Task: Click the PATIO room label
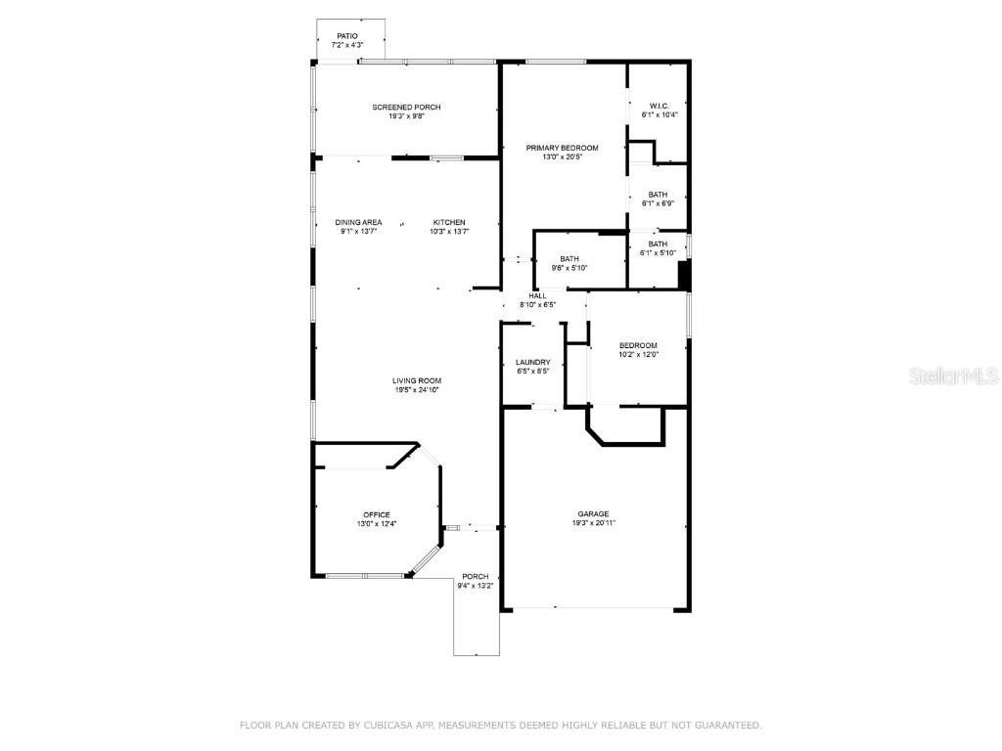click(x=347, y=36)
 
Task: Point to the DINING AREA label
click(x=358, y=222)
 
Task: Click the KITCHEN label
click(x=449, y=222)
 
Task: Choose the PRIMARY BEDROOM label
click(x=562, y=148)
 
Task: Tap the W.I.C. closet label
click(x=659, y=106)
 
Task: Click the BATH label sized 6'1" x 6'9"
click(x=658, y=195)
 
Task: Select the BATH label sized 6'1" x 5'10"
click(x=658, y=243)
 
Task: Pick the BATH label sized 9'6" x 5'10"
click(x=569, y=259)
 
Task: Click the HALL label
click(x=537, y=295)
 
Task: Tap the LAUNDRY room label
click(x=532, y=362)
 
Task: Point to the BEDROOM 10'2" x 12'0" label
click(x=637, y=345)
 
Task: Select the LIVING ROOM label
click(x=417, y=380)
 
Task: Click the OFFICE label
click(x=377, y=514)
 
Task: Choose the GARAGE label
click(x=593, y=513)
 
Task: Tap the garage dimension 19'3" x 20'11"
click(x=593, y=523)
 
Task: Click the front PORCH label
click(x=476, y=576)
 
